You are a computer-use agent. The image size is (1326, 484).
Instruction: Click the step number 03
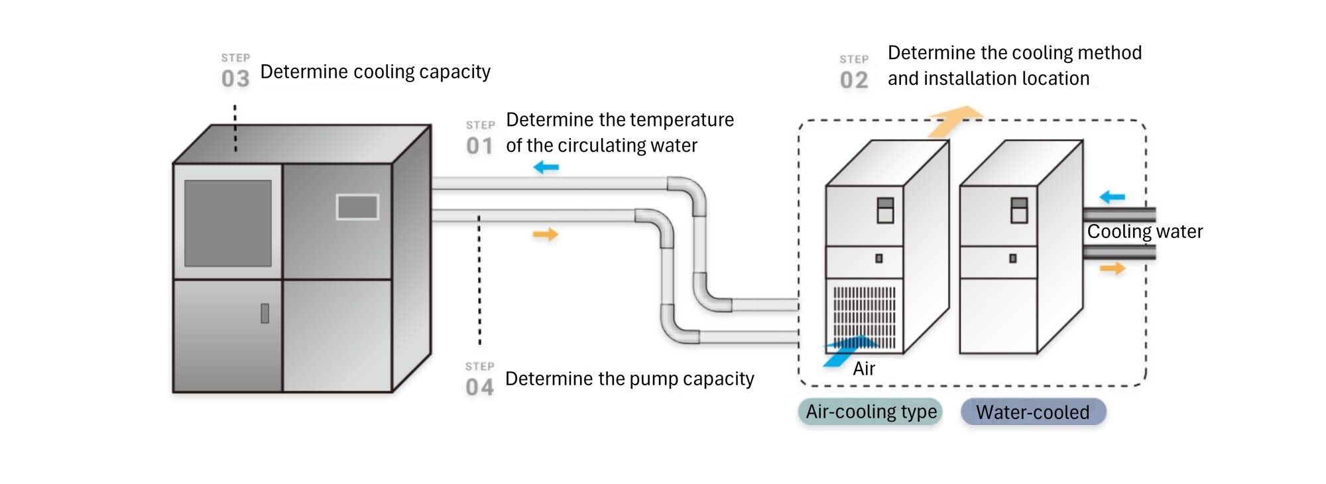click(x=235, y=79)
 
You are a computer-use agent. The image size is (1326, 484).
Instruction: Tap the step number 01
click(x=479, y=146)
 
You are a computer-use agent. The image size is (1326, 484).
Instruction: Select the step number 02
click(x=854, y=80)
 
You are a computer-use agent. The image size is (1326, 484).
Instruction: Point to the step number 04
click(x=479, y=387)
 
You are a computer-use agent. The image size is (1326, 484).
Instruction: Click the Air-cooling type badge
click(x=871, y=412)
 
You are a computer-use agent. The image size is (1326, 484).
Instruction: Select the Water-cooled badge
click(x=1033, y=412)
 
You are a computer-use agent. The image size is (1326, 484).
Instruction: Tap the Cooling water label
click(x=1144, y=231)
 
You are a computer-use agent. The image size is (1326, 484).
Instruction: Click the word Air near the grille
click(x=864, y=369)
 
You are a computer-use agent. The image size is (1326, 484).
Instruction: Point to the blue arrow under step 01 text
click(x=546, y=167)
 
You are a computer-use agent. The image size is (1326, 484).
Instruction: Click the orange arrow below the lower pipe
click(x=546, y=234)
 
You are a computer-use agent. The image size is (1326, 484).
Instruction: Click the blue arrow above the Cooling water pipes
click(x=1112, y=197)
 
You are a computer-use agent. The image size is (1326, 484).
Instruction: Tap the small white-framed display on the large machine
click(x=357, y=207)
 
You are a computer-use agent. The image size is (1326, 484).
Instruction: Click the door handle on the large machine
click(x=265, y=313)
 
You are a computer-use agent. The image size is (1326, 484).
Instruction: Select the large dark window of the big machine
click(x=228, y=223)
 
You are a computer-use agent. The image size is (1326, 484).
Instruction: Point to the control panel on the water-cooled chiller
click(x=1020, y=210)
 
